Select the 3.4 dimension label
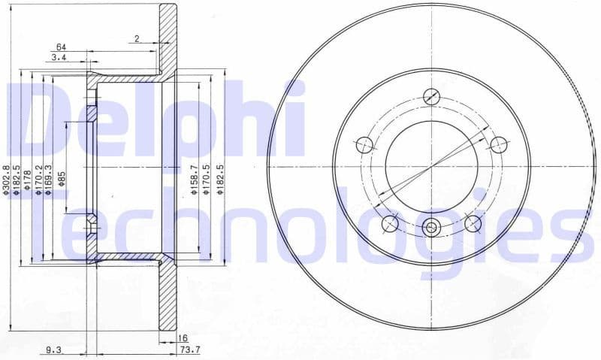click(x=59, y=57)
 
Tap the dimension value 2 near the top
click(x=137, y=38)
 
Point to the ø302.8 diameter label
click(x=6, y=180)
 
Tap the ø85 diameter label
click(x=62, y=180)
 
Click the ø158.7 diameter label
click(x=194, y=180)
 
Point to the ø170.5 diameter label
click(x=206, y=181)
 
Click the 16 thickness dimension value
click(x=183, y=339)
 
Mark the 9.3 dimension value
click(x=53, y=349)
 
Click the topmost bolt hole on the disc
click(x=431, y=95)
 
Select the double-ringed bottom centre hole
click(x=431, y=228)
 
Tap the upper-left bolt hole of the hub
click(x=364, y=144)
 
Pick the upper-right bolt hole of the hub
click(x=499, y=144)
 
